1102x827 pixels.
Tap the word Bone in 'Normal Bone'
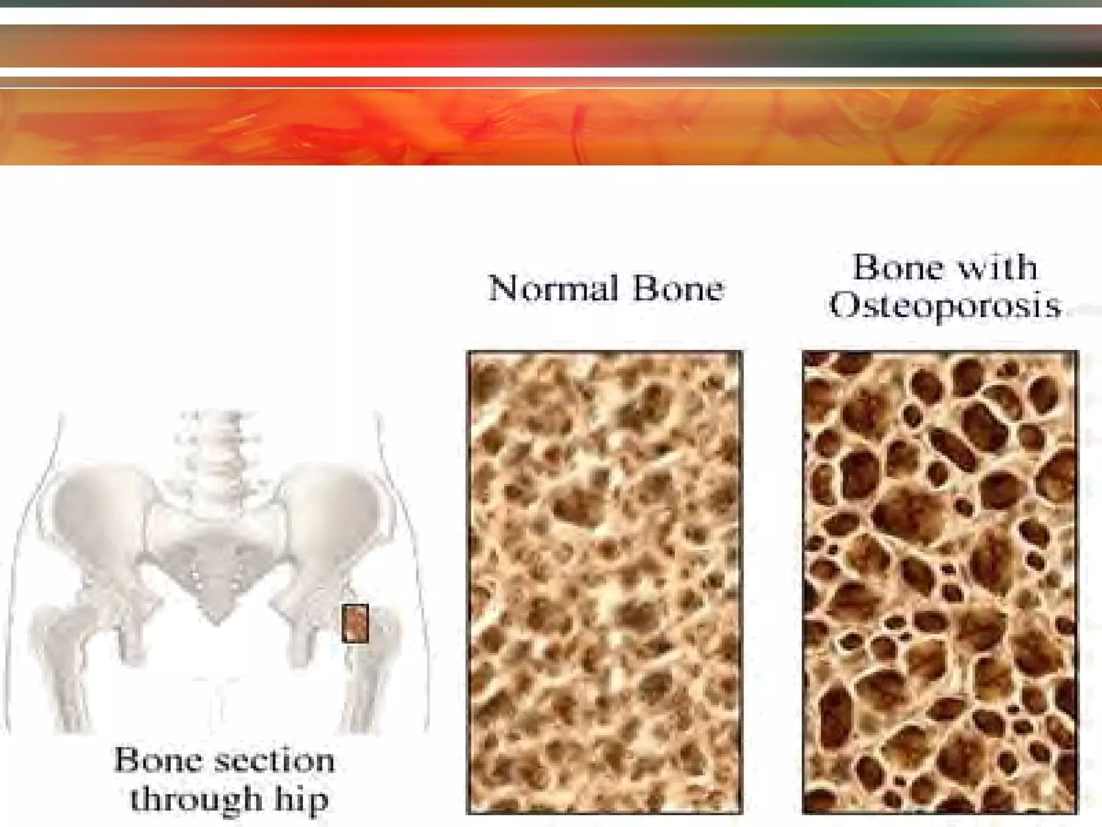[x=677, y=289]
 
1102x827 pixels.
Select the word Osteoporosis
[x=944, y=306]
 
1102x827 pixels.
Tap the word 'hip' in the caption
[x=302, y=800]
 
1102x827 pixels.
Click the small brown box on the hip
[x=355, y=623]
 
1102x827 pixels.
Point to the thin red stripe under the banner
[x=551, y=82]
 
